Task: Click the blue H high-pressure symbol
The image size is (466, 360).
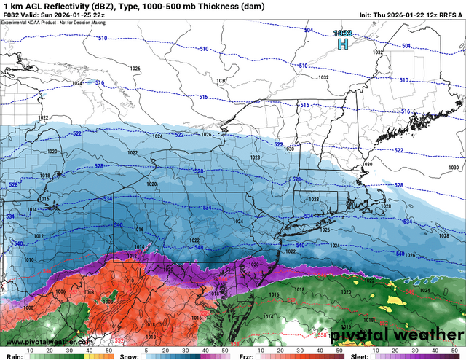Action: [341, 45]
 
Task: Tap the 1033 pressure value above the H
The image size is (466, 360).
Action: [342, 34]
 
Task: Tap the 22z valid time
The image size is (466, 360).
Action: [106, 16]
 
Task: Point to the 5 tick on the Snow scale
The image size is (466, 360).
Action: [146, 351]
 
